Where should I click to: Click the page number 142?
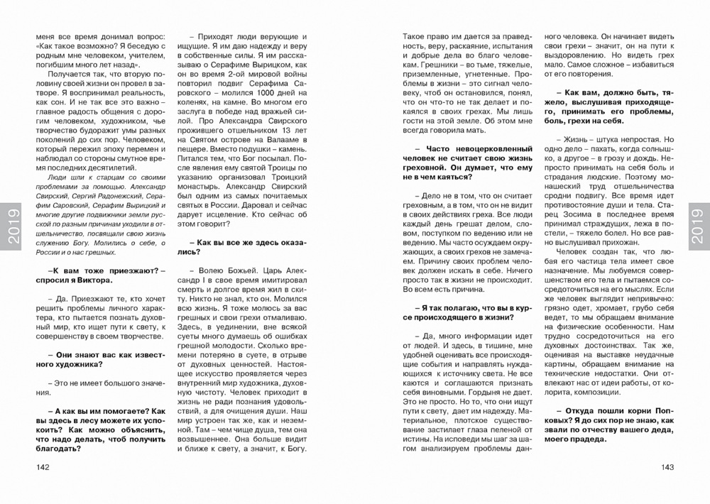click(43, 466)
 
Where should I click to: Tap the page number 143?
click(667, 466)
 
